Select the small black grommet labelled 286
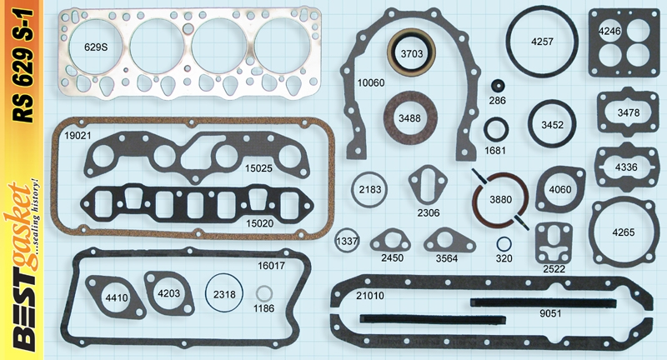click(498, 87)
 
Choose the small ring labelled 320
click(504, 245)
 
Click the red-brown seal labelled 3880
click(500, 201)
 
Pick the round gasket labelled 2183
click(369, 190)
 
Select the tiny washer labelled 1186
click(263, 296)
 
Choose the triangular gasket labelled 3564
click(448, 244)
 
